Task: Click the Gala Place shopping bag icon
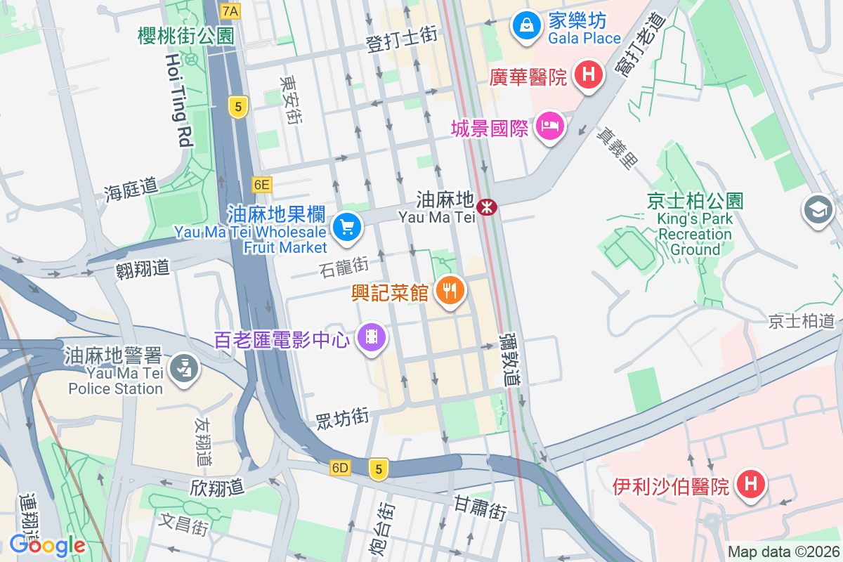pyautogui.click(x=525, y=26)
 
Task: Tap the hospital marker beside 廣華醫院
pyautogui.click(x=589, y=74)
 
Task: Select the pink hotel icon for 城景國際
pyautogui.click(x=549, y=126)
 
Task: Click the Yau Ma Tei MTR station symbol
pyautogui.click(x=486, y=207)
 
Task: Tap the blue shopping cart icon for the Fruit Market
pyautogui.click(x=346, y=227)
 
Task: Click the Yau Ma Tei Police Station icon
pyautogui.click(x=184, y=367)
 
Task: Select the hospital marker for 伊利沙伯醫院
pyautogui.click(x=750, y=484)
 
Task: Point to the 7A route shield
pyautogui.click(x=230, y=11)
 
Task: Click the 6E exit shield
pyautogui.click(x=262, y=185)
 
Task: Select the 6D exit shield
pyautogui.click(x=340, y=468)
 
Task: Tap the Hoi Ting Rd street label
pyautogui.click(x=179, y=103)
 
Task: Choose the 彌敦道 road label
pyautogui.click(x=512, y=358)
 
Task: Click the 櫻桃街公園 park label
pyautogui.click(x=186, y=36)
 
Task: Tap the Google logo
pyautogui.click(x=47, y=545)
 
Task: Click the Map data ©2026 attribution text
pyautogui.click(x=783, y=552)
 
